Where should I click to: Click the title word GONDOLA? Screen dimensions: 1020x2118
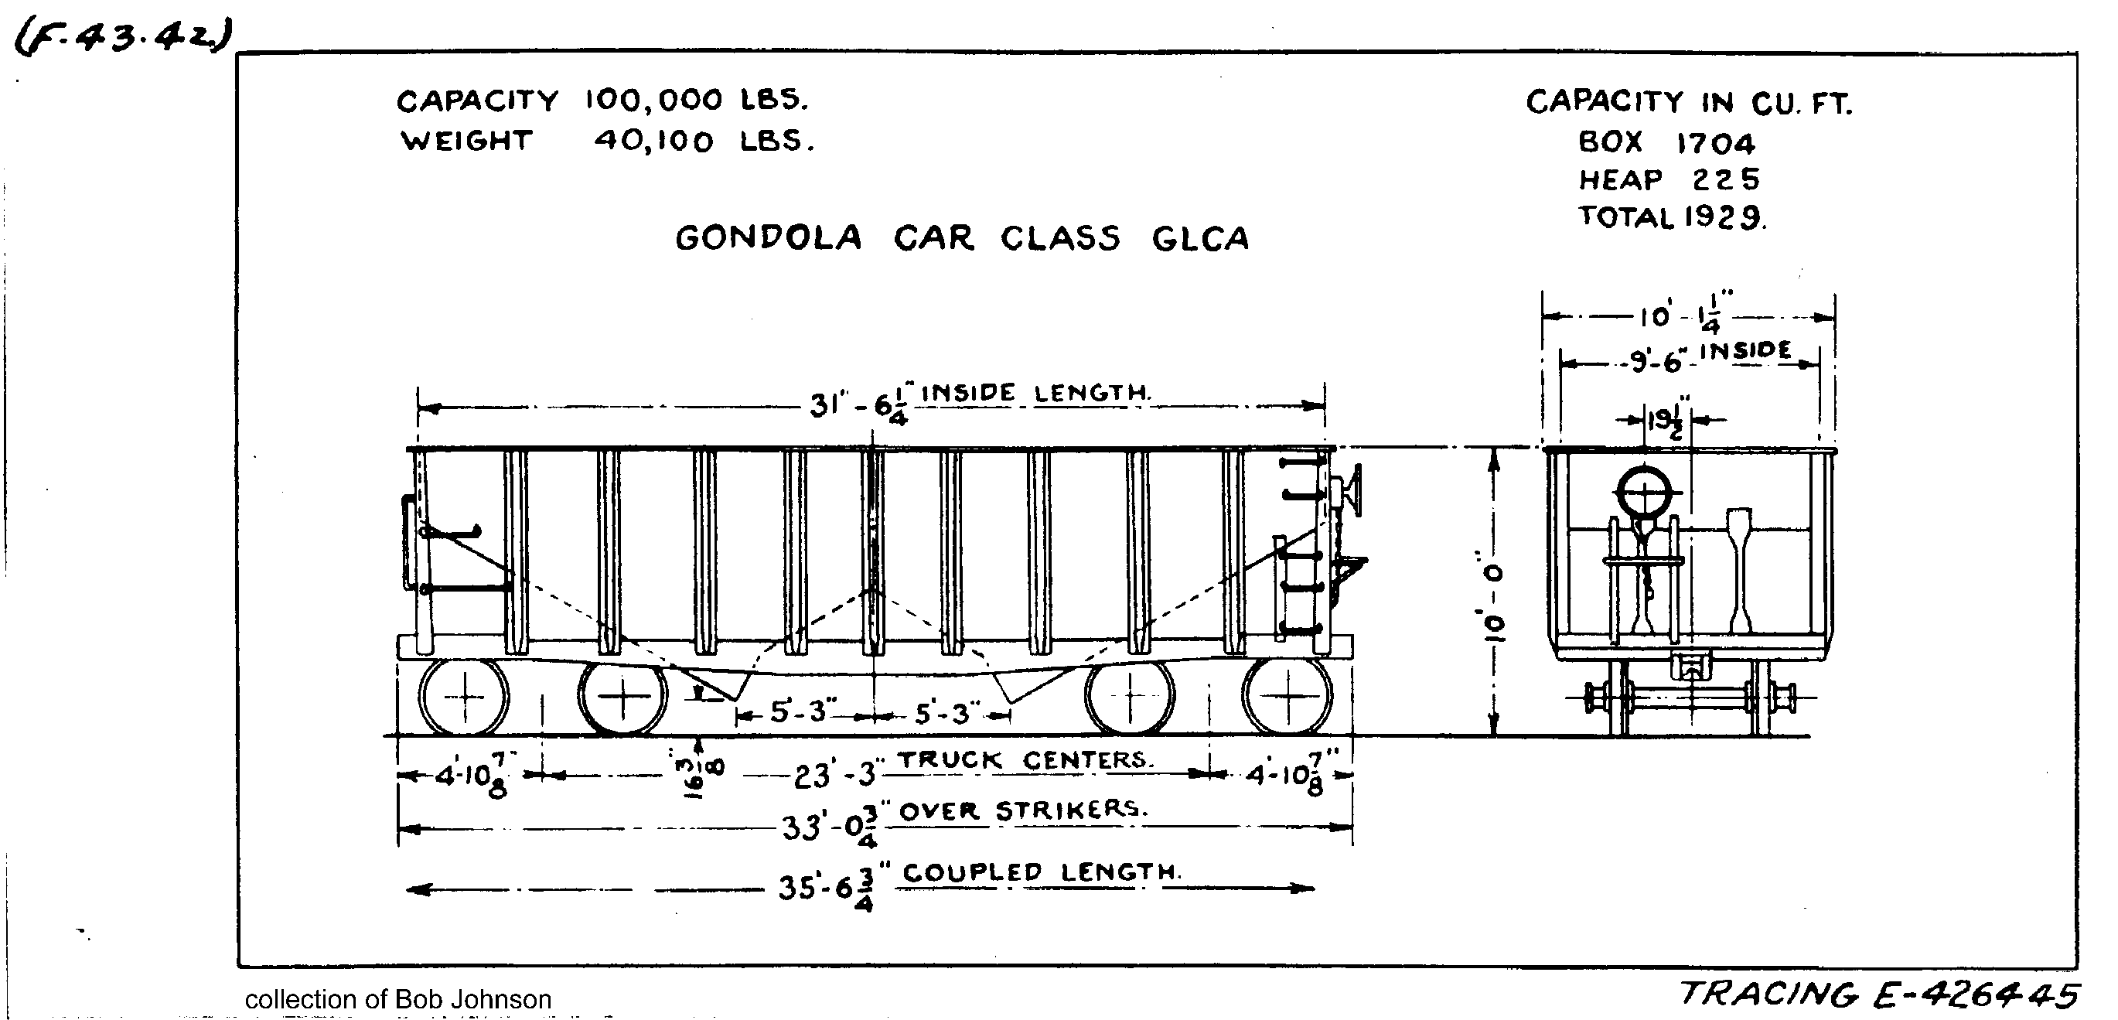[768, 238]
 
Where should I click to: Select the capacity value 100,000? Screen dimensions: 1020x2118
[653, 101]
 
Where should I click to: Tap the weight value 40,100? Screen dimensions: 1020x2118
[653, 142]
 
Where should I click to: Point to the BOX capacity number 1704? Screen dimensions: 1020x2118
[1715, 144]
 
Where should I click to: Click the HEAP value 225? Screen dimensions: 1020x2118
[1725, 179]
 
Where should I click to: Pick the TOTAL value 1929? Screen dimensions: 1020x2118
[1723, 217]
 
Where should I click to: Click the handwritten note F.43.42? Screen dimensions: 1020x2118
[123, 37]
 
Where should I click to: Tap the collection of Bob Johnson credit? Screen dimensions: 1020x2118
[398, 998]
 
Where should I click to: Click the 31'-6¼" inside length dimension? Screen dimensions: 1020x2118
[858, 405]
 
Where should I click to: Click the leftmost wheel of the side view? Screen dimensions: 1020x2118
[464, 697]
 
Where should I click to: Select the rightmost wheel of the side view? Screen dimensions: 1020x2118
[1287, 697]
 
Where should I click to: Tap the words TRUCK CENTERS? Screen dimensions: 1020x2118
[1024, 759]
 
